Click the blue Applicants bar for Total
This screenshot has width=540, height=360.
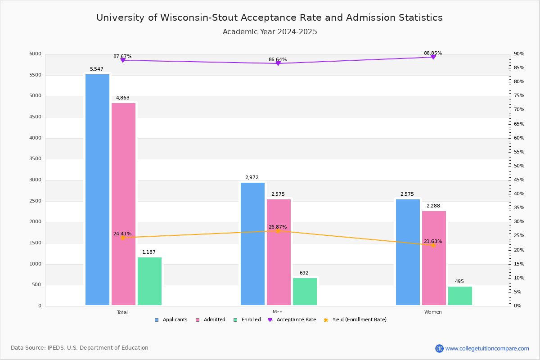pos(97,189)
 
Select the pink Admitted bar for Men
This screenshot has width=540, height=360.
pos(279,252)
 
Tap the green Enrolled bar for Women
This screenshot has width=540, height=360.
pos(460,296)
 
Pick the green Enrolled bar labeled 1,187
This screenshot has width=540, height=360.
pos(149,281)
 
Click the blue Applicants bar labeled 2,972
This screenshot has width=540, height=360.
pos(252,243)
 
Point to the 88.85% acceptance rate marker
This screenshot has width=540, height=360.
pos(433,57)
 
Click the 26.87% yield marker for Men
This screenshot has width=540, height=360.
pos(278,231)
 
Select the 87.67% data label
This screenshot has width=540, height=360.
pos(122,57)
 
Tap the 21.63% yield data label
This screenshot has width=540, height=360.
pos(432,241)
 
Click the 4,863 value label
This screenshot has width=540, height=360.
pos(122,98)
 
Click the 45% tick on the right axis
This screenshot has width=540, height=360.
pos(519,180)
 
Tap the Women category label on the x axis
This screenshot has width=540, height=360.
pos(433,312)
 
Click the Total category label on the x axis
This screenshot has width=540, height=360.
pos(122,312)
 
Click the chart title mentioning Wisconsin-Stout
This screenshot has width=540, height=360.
pos(270,18)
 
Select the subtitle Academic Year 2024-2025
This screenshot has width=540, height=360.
pos(270,32)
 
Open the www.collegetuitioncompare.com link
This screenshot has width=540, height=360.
pos(487,348)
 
